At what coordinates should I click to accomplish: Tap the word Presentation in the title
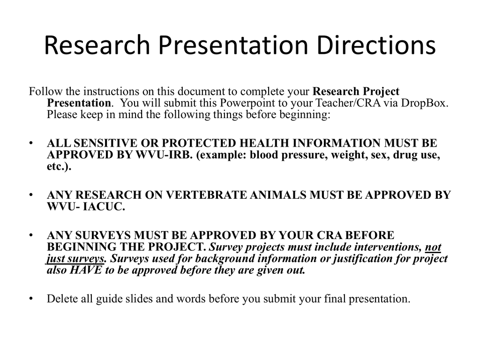click(x=233, y=46)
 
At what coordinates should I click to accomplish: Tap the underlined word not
click(x=433, y=247)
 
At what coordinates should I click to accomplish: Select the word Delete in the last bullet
click(x=61, y=299)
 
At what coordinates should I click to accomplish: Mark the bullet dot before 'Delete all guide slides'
click(x=31, y=299)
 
